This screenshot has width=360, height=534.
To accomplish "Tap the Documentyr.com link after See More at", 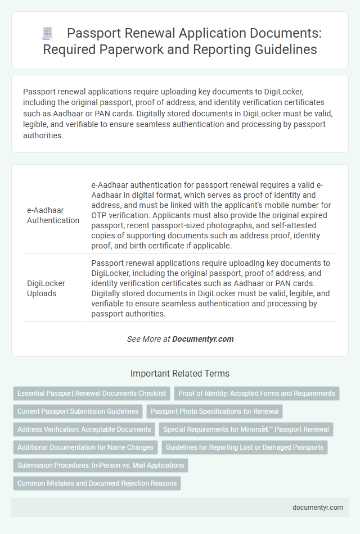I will click(x=203, y=339).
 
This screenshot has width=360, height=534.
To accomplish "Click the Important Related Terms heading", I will click(x=179, y=373).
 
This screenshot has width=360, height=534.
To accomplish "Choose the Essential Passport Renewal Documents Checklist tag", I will click(x=92, y=393).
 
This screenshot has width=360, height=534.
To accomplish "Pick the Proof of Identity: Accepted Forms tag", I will click(x=256, y=393).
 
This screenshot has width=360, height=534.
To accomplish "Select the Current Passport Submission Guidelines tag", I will click(x=78, y=411).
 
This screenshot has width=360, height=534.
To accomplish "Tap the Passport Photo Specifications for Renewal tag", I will click(x=214, y=411).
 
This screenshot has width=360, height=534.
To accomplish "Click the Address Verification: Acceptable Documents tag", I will click(x=84, y=429).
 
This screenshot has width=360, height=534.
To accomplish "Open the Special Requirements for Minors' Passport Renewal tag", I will click(x=246, y=429).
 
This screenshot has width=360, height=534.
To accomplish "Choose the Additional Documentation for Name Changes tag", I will click(x=85, y=447).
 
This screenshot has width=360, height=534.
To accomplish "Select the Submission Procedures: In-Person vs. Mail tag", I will click(x=101, y=465).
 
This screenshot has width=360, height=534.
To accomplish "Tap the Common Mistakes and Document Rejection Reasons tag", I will click(x=97, y=483).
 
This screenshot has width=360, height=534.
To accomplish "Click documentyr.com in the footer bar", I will click(x=318, y=507).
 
